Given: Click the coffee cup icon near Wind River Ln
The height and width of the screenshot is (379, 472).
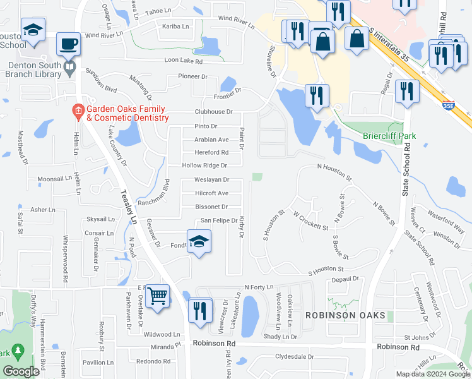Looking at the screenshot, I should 68,45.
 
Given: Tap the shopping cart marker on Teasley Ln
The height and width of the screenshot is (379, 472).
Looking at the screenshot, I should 157,295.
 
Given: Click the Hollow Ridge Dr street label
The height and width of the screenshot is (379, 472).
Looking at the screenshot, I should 204,165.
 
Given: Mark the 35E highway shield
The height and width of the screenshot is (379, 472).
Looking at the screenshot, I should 448,106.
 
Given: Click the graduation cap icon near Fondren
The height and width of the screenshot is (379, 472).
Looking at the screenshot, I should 199,241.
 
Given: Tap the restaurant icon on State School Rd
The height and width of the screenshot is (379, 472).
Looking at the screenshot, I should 407,91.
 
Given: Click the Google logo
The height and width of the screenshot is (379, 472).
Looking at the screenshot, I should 21,371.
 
